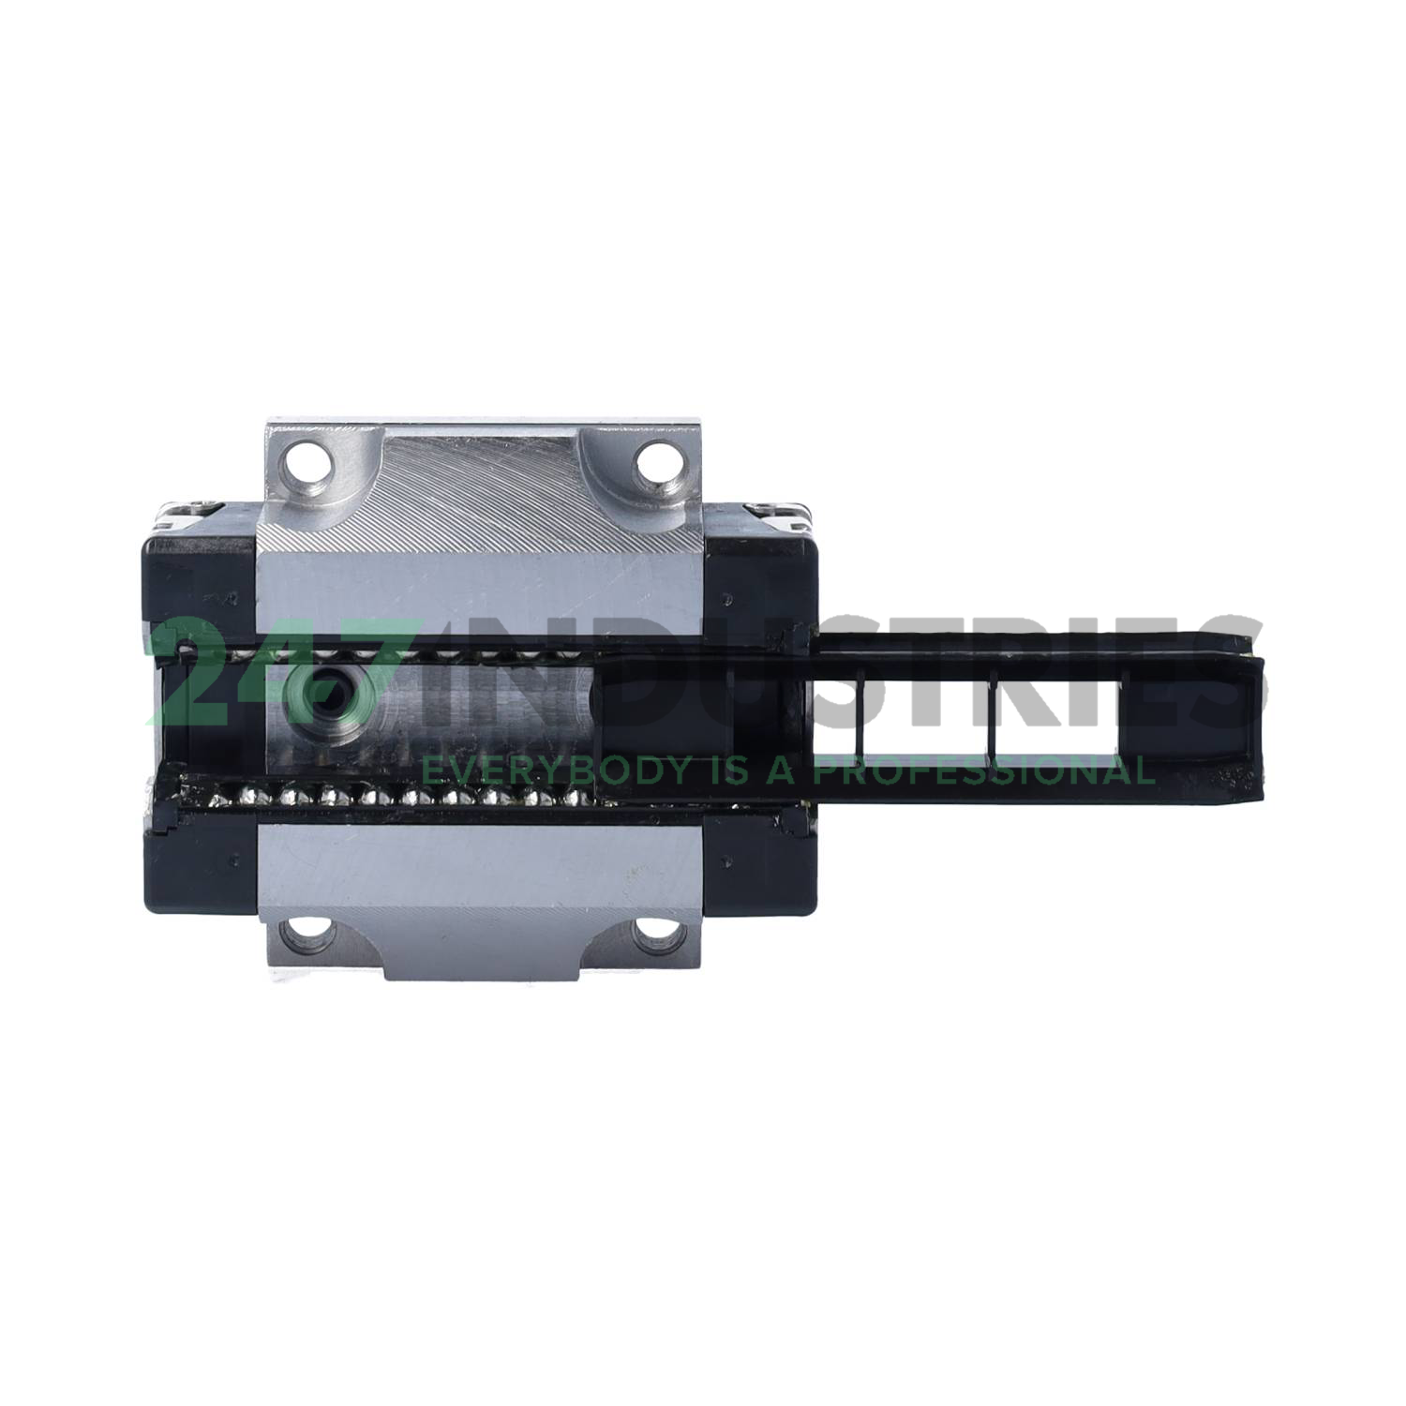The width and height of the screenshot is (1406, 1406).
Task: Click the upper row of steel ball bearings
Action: (469, 653)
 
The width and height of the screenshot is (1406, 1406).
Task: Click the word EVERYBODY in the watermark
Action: (544, 770)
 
